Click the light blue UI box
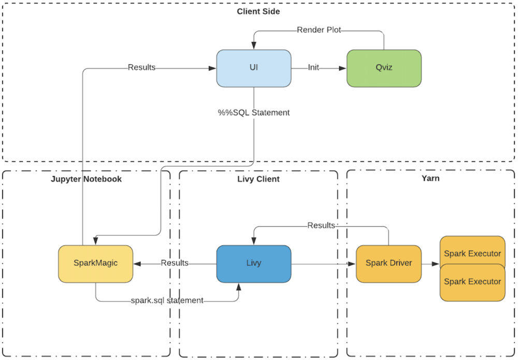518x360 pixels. pyautogui.click(x=253, y=68)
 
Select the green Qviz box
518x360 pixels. pyautogui.click(x=383, y=68)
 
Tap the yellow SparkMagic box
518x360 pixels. pyautogui.click(x=95, y=263)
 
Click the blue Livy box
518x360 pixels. pyautogui.click(x=253, y=263)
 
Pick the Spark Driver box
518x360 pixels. pyautogui.click(x=388, y=263)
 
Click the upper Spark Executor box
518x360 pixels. pyautogui.click(x=472, y=251)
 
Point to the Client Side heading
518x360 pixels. pyautogui.click(x=258, y=11)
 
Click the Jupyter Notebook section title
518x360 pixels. pyautogui.click(x=87, y=179)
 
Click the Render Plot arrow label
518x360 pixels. pyautogui.click(x=319, y=30)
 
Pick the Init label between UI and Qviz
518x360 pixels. pyautogui.click(x=313, y=68)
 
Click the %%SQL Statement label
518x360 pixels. pyautogui.click(x=253, y=112)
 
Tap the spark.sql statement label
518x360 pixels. pyautogui.click(x=167, y=300)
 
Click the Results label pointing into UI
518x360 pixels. pyautogui.click(x=141, y=67)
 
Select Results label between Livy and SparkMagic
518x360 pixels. pyautogui.click(x=175, y=263)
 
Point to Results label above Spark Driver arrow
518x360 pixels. pyautogui.click(x=321, y=225)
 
